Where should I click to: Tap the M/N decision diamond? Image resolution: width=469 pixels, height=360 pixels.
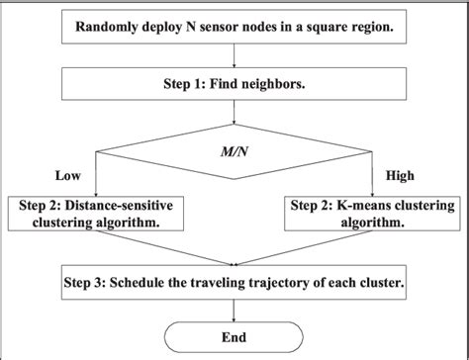click(234, 150)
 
